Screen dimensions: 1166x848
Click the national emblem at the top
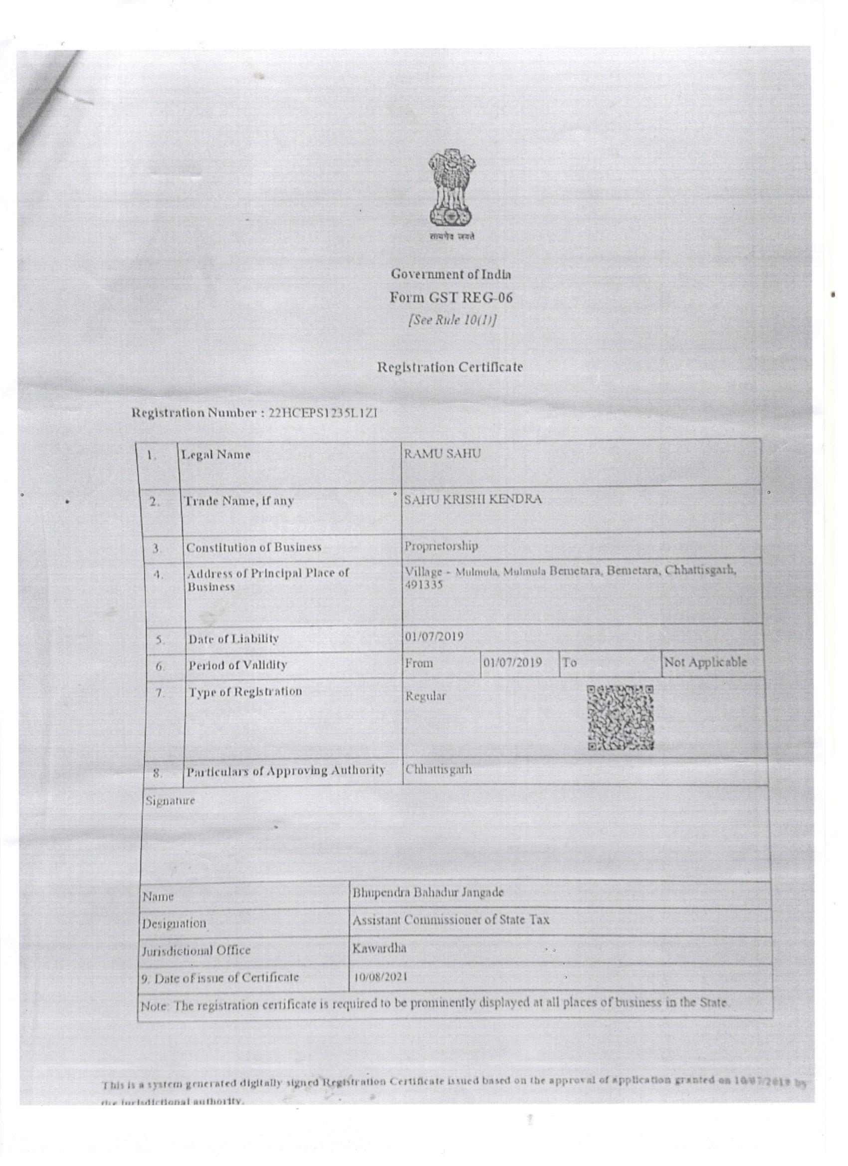(451, 193)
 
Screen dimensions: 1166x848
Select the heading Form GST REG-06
(451, 298)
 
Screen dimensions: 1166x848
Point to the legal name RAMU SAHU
(442, 454)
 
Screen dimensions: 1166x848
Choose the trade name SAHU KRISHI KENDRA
(472, 500)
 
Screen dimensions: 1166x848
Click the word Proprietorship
(441, 546)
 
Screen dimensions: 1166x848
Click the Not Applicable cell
(705, 663)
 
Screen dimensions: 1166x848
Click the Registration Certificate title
(450, 368)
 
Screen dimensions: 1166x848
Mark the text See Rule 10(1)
(452, 320)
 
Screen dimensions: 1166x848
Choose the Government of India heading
(451, 274)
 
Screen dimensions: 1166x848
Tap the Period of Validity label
(237, 665)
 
